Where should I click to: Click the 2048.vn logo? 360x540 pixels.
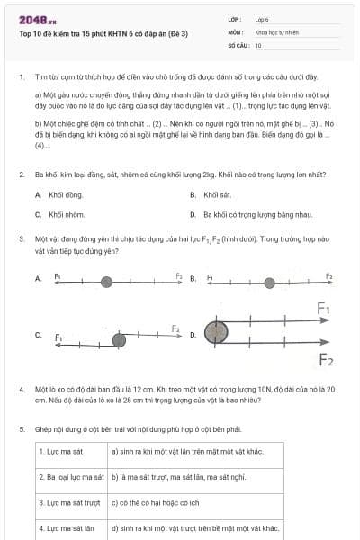click(x=38, y=19)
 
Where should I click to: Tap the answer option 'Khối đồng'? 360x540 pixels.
click(x=66, y=194)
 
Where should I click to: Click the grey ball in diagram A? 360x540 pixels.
click(x=106, y=282)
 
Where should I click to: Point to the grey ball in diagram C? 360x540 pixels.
click(x=119, y=338)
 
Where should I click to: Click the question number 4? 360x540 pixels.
click(x=22, y=389)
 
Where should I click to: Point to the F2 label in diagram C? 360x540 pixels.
click(x=176, y=330)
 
